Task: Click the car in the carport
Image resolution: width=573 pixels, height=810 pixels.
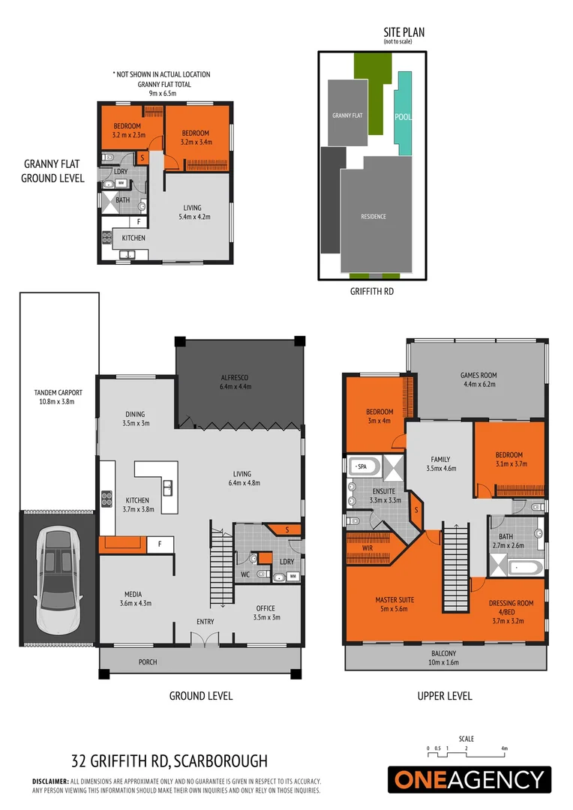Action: [57, 570]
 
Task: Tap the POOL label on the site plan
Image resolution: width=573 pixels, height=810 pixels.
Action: [403, 117]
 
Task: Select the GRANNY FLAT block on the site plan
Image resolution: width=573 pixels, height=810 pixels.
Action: [347, 114]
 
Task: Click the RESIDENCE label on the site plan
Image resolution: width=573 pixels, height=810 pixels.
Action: [373, 217]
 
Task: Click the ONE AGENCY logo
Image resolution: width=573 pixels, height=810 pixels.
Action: [469, 779]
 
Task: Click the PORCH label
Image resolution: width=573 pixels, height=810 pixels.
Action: [147, 662]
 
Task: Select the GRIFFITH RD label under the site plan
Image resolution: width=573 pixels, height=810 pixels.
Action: [372, 291]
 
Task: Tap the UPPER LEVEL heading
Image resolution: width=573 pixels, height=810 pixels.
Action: [445, 696]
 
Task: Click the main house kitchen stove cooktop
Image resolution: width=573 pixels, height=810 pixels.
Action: [106, 499]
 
